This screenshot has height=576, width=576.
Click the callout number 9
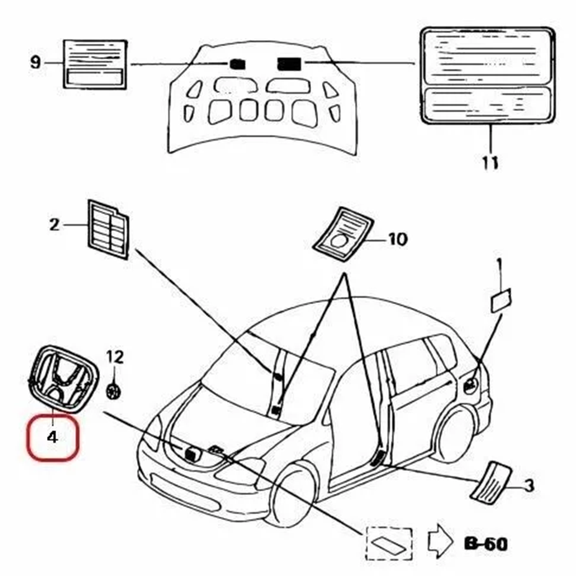click(35, 63)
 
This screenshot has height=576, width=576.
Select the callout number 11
click(490, 162)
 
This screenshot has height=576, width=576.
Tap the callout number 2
click(55, 225)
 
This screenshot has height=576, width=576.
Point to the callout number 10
click(397, 239)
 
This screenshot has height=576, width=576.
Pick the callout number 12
click(115, 356)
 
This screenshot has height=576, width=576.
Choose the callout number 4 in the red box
click(52, 436)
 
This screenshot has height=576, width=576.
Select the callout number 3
click(528, 487)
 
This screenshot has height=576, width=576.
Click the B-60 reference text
click(485, 542)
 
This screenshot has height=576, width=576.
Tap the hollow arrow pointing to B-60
click(439, 541)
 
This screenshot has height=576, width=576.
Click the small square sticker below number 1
click(500, 300)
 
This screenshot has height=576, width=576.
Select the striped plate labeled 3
click(492, 479)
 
